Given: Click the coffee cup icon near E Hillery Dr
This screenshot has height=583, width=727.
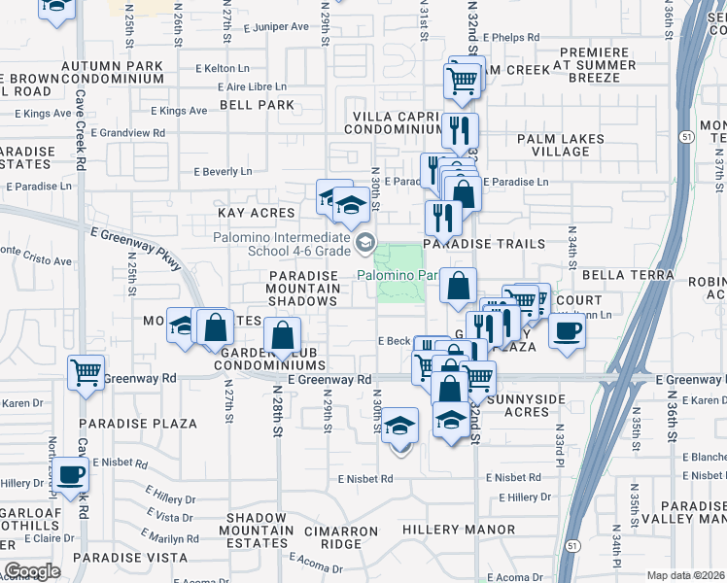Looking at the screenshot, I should (70, 474).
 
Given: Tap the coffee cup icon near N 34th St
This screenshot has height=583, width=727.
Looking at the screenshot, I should (567, 329).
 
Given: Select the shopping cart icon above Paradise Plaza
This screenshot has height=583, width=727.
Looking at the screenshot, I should (86, 371).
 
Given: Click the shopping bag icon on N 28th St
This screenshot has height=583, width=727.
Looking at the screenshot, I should (282, 337).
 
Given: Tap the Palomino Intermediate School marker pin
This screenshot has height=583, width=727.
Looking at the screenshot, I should (365, 242).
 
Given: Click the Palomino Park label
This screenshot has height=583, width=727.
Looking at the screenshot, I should (400, 276).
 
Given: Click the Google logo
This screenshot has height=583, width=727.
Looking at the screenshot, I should (33, 571).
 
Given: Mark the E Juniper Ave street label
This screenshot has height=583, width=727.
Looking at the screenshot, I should (256, 28).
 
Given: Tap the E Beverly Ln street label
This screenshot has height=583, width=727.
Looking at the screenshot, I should (223, 172).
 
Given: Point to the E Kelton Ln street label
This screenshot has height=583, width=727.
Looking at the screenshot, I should (223, 69).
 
